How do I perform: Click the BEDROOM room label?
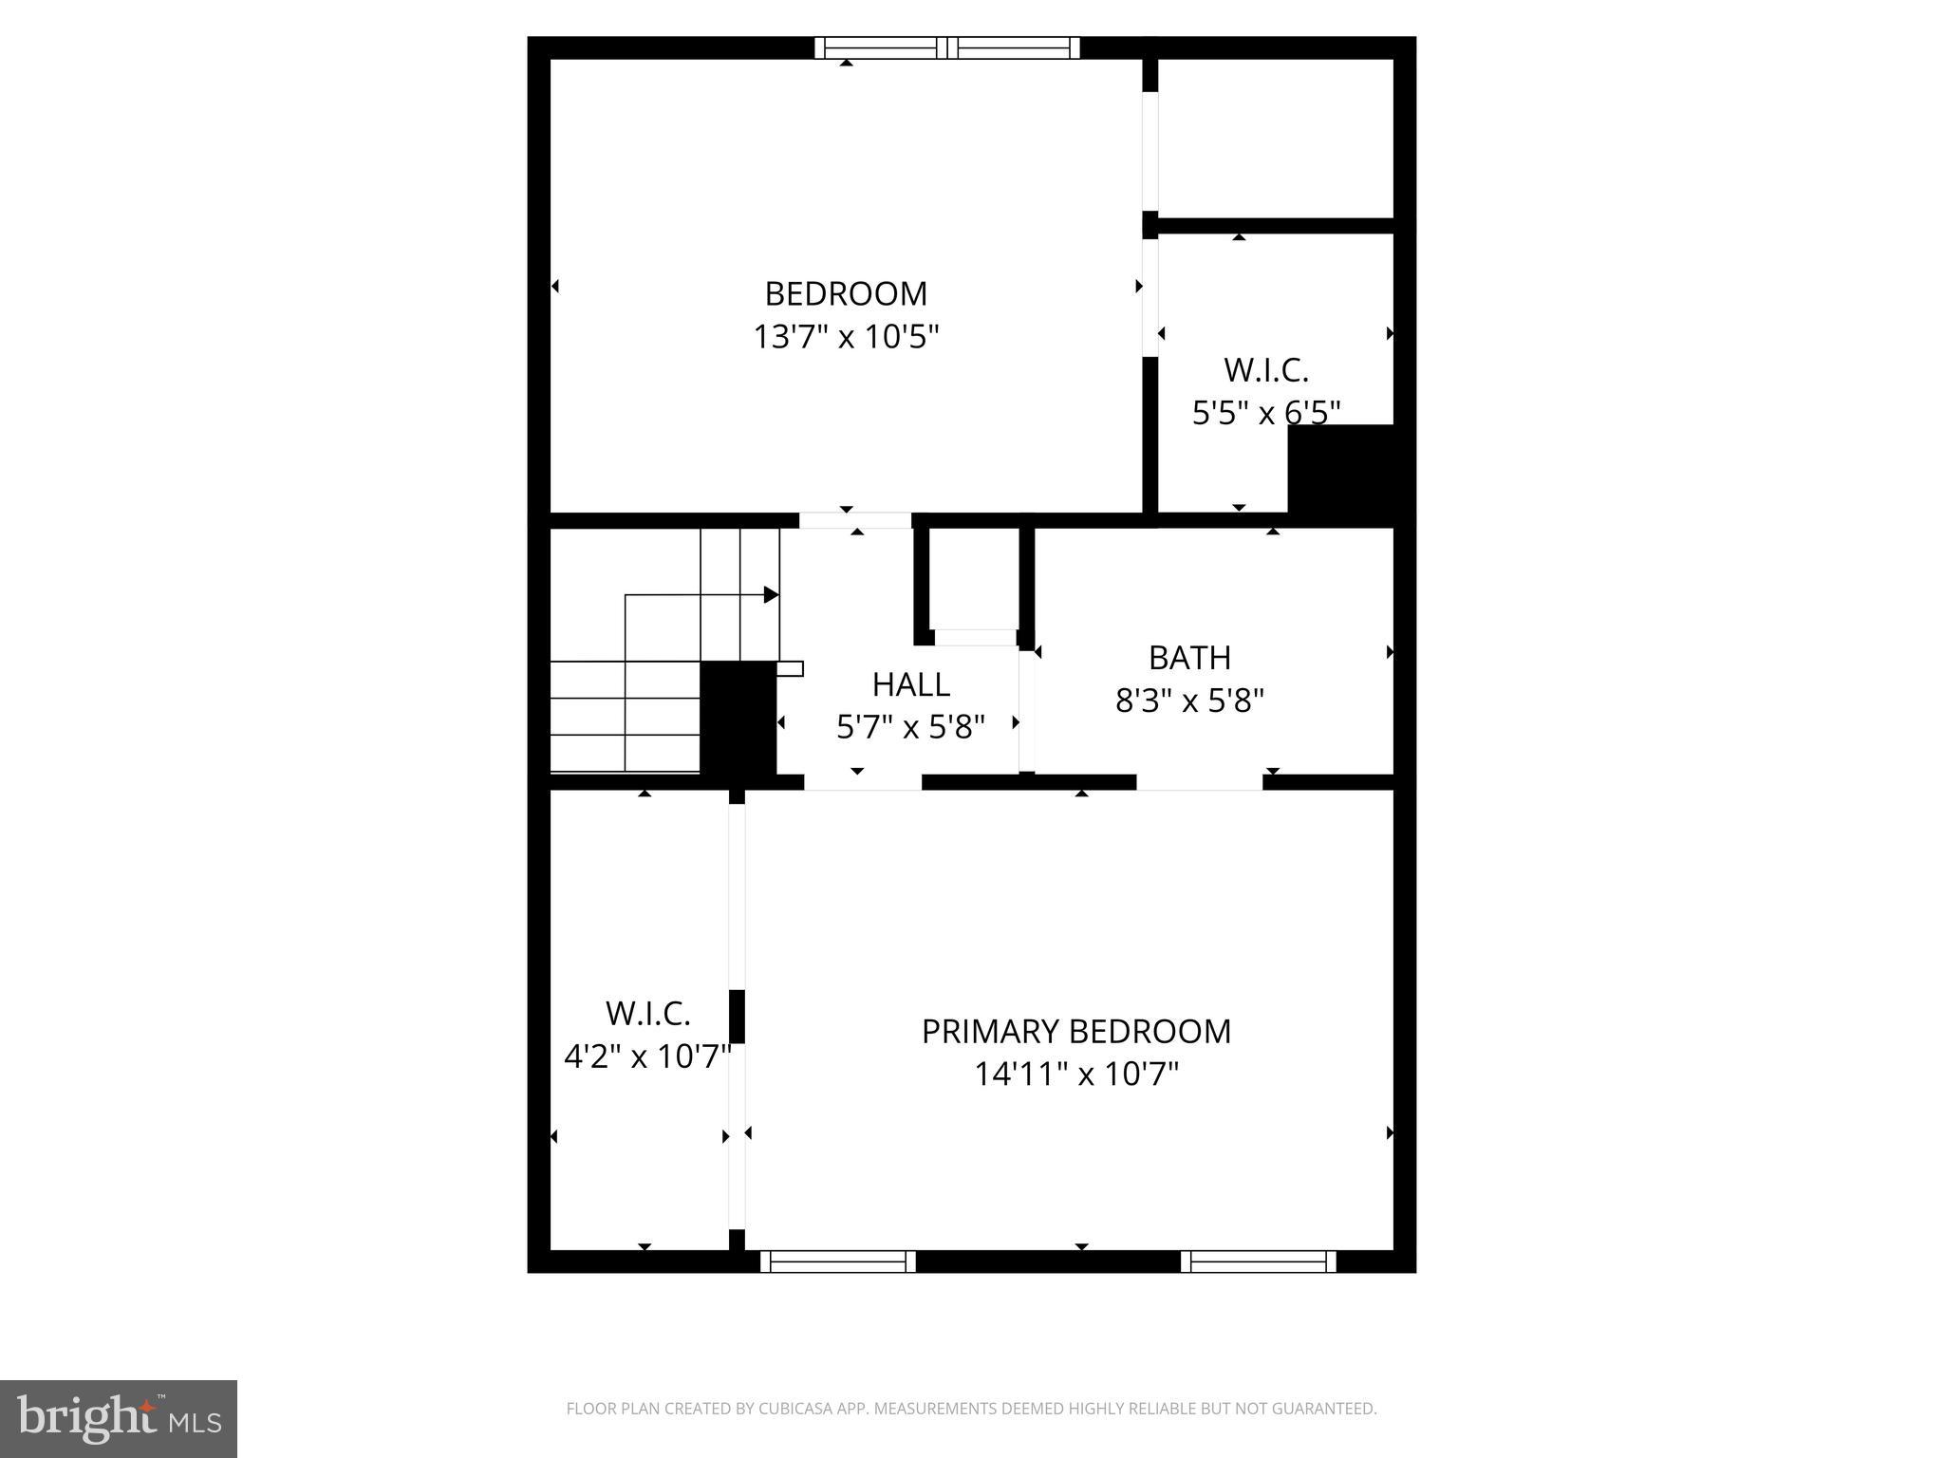pyautogui.click(x=845, y=294)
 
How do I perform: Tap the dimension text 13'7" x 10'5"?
pyautogui.click(x=845, y=337)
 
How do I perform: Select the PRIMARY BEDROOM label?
pyautogui.click(x=1075, y=1032)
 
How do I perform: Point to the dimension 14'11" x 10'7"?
pyautogui.click(x=1075, y=1075)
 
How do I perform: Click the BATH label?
pyautogui.click(x=1189, y=658)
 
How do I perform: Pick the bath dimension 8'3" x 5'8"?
pyautogui.click(x=1189, y=701)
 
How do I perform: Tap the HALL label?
pyautogui.click(x=910, y=684)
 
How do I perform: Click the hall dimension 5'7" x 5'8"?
pyautogui.click(x=910, y=727)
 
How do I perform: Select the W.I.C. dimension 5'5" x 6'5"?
pyautogui.click(x=1265, y=413)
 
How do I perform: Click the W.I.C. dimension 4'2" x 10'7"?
pyautogui.click(x=647, y=1056)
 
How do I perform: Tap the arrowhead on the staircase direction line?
pyautogui.click(x=771, y=595)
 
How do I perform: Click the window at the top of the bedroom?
pyautogui.click(x=947, y=47)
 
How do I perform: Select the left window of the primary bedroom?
pyautogui.click(x=837, y=1261)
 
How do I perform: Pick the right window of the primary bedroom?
pyautogui.click(x=1258, y=1261)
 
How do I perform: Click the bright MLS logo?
pyautogui.click(x=119, y=1419)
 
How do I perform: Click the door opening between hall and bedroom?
pyautogui.click(x=855, y=520)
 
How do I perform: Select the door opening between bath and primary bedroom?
pyautogui.click(x=1199, y=782)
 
